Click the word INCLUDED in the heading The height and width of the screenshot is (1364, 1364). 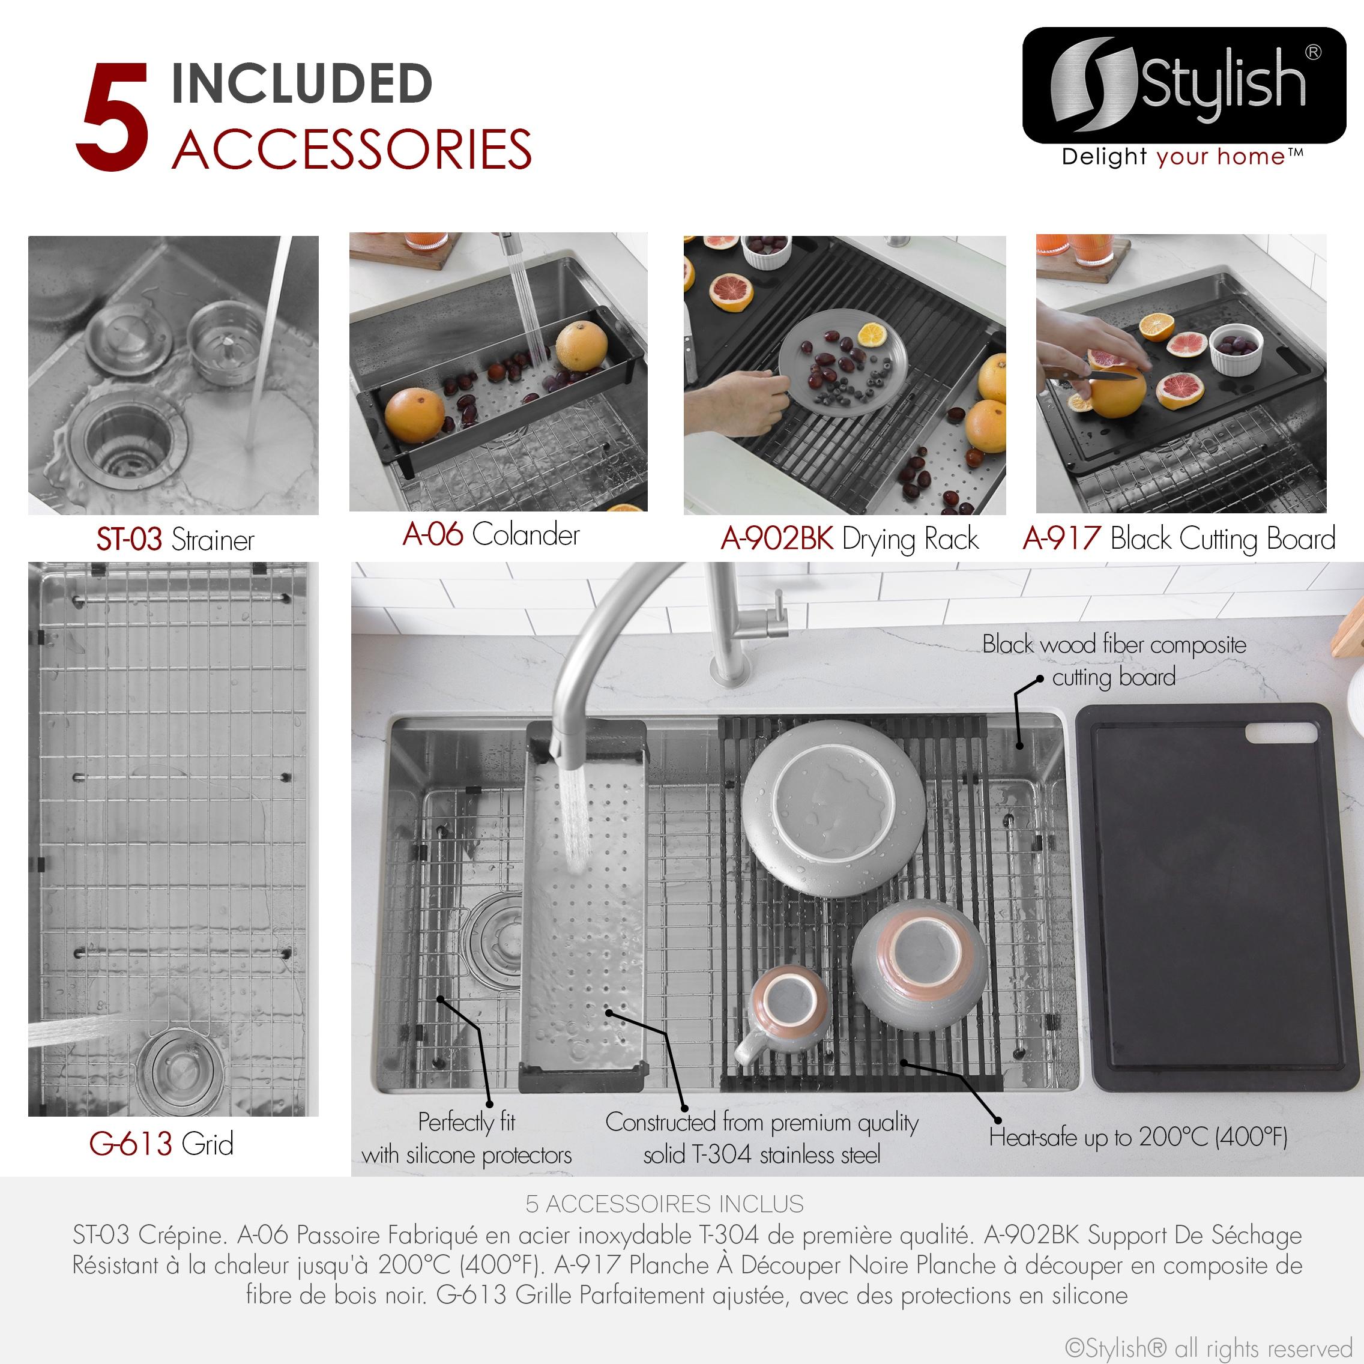[301, 83]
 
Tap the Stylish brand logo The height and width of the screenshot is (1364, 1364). [1184, 85]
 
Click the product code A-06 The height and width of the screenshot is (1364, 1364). [433, 534]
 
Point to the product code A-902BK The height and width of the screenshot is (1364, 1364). [777, 538]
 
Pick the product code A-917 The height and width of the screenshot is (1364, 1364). [1061, 538]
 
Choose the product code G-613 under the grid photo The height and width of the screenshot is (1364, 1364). [131, 1143]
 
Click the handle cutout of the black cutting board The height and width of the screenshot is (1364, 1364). [1281, 733]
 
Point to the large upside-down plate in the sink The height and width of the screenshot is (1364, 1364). [833, 809]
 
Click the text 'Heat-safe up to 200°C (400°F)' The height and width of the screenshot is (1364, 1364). [1138, 1136]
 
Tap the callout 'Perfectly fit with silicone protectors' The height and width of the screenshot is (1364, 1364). [466, 1138]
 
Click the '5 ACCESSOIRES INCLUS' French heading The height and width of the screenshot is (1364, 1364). [665, 1203]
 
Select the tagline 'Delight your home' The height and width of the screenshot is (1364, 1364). [1183, 157]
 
